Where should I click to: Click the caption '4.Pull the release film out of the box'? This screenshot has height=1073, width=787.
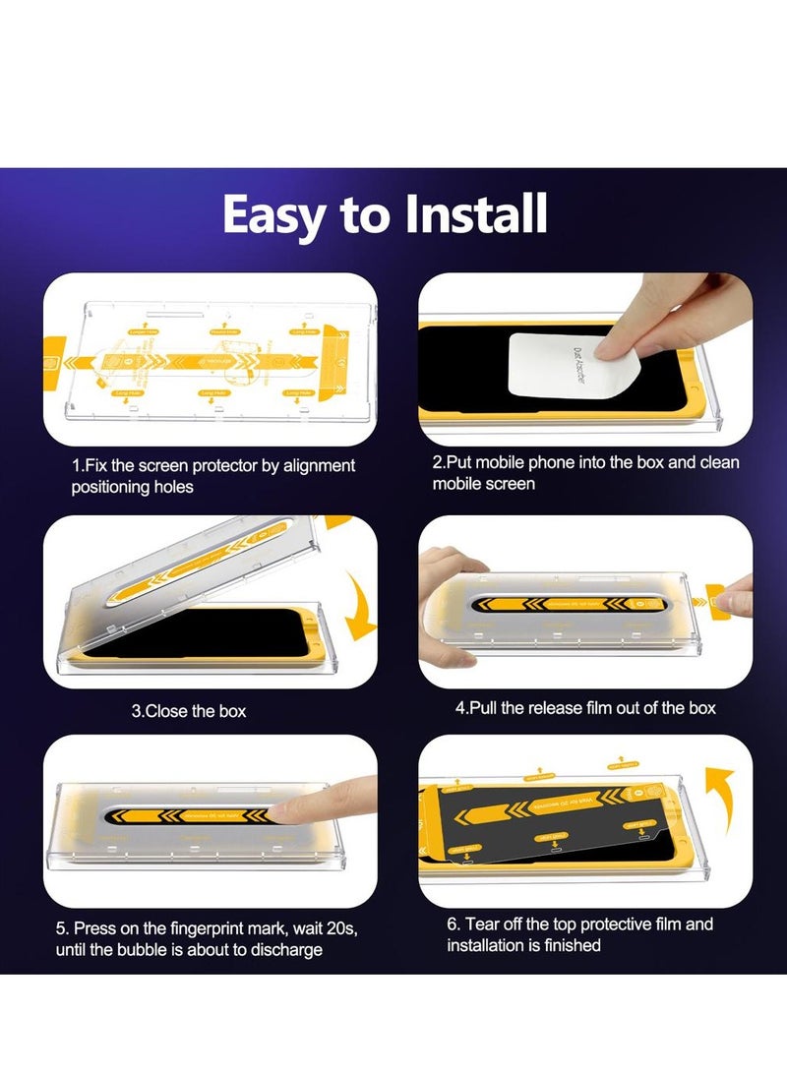coord(584,708)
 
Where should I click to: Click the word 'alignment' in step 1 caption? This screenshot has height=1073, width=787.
coord(311,465)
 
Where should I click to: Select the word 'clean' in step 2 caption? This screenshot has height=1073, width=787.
coord(719,462)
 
